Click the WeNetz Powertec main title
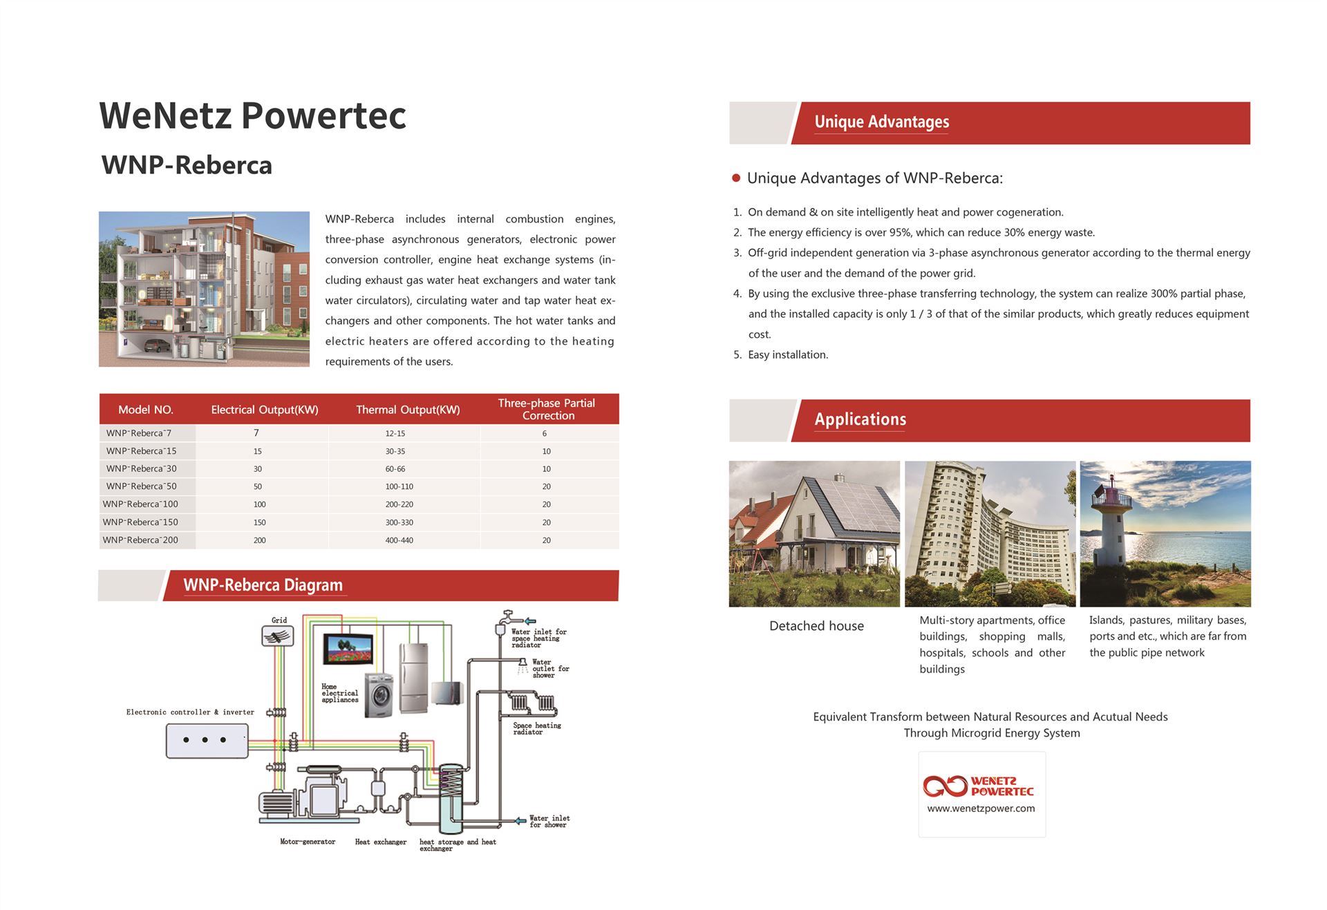point(252,115)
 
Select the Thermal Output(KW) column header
point(408,410)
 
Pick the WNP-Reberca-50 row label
point(141,486)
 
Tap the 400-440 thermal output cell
point(399,540)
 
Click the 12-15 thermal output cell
point(395,433)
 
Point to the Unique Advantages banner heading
point(881,122)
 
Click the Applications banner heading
point(860,419)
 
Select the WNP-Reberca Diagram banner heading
point(263,585)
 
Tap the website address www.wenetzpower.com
point(981,808)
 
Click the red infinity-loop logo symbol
point(945,786)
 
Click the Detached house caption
point(816,626)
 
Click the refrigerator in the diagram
point(413,676)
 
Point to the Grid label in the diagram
point(279,620)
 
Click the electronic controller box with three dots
point(207,741)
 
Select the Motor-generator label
point(308,842)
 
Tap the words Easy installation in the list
point(788,354)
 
